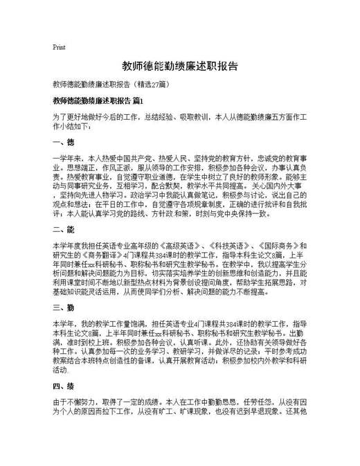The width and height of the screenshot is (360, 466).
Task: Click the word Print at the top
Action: [59, 48]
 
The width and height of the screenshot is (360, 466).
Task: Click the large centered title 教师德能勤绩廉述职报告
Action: [180, 66]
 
